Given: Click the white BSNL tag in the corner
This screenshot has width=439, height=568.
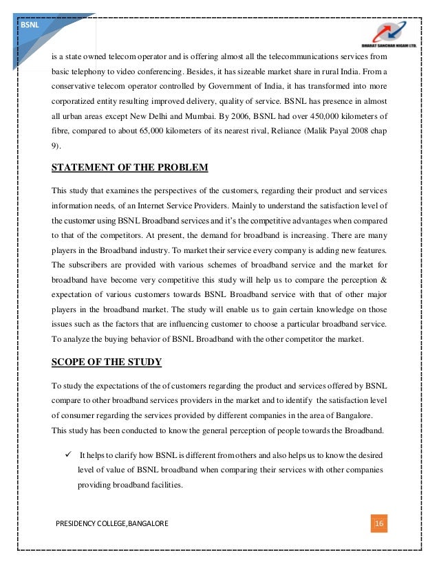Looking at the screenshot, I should point(30,24).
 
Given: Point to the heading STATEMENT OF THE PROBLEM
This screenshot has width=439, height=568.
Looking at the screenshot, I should point(130,168).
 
